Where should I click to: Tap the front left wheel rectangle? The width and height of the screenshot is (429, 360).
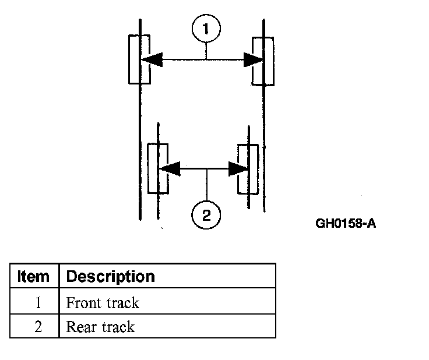click(139, 59)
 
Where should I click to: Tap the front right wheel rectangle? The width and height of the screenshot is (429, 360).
click(263, 61)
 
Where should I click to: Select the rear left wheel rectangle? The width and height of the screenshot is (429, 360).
click(157, 168)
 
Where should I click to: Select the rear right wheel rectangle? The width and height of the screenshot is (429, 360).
click(248, 168)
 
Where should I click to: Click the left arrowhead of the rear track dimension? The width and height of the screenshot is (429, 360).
click(168, 169)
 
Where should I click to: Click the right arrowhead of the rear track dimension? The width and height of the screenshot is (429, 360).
click(239, 169)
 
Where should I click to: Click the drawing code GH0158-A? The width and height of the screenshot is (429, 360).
click(345, 223)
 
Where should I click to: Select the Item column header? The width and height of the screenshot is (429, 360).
click(34, 276)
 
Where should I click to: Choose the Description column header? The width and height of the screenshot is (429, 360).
click(110, 276)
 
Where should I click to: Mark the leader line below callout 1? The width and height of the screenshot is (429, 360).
click(206, 51)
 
